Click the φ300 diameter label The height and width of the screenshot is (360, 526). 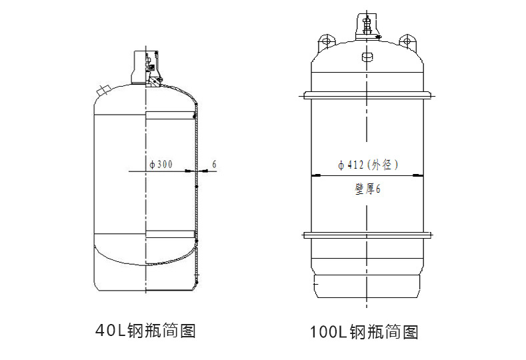point(161,164)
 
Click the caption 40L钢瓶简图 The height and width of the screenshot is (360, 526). point(145,330)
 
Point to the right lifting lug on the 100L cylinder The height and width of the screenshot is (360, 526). point(408,41)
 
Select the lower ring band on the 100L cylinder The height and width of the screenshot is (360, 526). point(367,234)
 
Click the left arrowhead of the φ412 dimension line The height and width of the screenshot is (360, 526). point(316,175)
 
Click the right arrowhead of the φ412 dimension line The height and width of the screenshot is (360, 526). point(419,175)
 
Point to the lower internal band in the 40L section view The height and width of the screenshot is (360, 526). point(170,234)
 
